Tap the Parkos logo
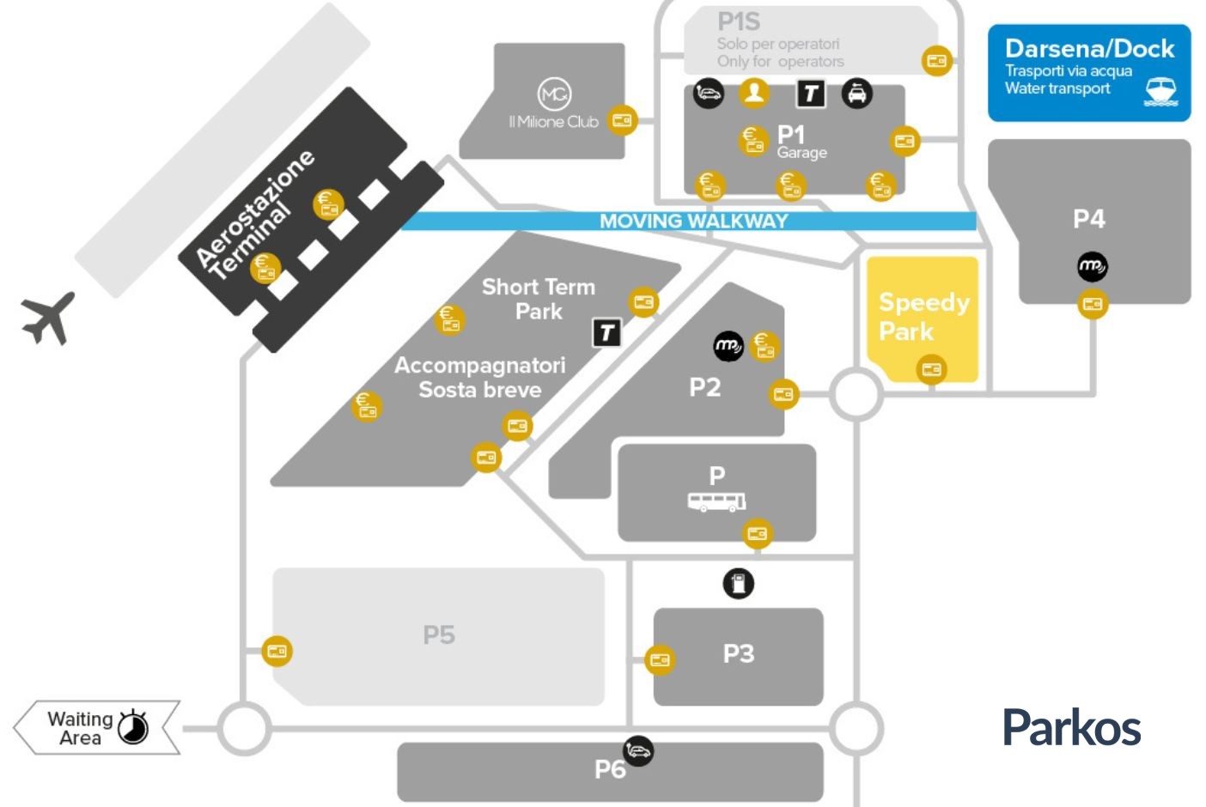pos(1071,728)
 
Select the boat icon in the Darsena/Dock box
pos(1160,91)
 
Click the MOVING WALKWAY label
pos(693,221)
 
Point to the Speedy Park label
pos(923,317)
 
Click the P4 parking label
pos(1089,219)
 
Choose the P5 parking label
pos(439,635)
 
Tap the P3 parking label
pos(739,654)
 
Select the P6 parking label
pos(610,769)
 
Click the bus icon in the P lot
pos(716,501)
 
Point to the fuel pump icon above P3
pos(738,584)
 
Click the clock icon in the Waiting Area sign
pos(133,727)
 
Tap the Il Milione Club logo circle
pos(554,94)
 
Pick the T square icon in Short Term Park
pos(606,332)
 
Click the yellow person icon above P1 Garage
pos(754,92)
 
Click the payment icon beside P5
pos(277,652)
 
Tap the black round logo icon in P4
pos(1093,266)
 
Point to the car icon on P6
pos(637,751)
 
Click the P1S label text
pos(739,21)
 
